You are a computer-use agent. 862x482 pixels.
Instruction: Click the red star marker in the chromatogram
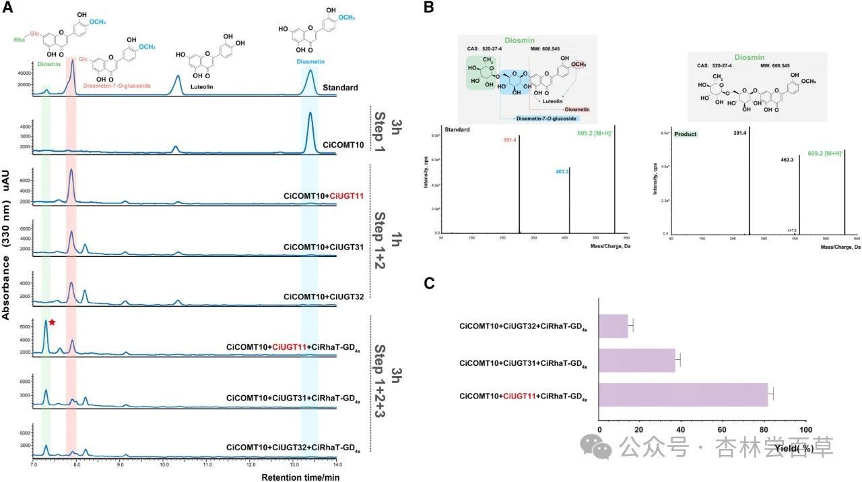click(x=51, y=323)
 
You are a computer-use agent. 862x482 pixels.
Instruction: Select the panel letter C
click(x=428, y=283)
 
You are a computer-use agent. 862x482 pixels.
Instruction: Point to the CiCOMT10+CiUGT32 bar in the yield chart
click(x=614, y=326)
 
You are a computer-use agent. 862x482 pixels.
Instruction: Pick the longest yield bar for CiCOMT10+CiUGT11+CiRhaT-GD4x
click(x=684, y=394)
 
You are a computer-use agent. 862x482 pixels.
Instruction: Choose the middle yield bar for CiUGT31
click(x=637, y=360)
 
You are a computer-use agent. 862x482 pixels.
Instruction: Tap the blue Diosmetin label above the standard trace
click(x=310, y=62)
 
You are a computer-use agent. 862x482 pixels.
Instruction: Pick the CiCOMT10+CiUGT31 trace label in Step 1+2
click(x=324, y=247)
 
